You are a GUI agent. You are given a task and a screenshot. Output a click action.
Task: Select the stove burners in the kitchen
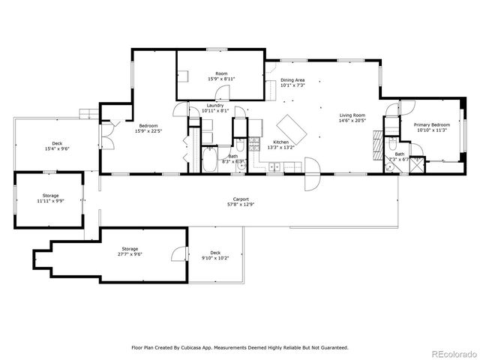[255, 142]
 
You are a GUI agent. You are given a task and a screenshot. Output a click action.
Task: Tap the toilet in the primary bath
[391, 145]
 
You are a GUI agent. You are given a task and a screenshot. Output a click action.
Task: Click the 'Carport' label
[240, 199]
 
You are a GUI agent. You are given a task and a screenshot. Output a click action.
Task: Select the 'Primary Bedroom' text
[432, 124]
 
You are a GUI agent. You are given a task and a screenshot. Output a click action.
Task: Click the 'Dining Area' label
[292, 79]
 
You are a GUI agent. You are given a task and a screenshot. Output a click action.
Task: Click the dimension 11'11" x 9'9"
[50, 201]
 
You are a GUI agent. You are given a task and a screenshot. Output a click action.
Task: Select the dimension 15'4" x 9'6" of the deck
[57, 148]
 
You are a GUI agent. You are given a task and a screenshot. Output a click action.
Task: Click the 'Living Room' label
[352, 115]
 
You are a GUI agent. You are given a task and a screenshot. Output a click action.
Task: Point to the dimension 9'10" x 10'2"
[215, 257]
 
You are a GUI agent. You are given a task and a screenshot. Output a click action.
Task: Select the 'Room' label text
[221, 73]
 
